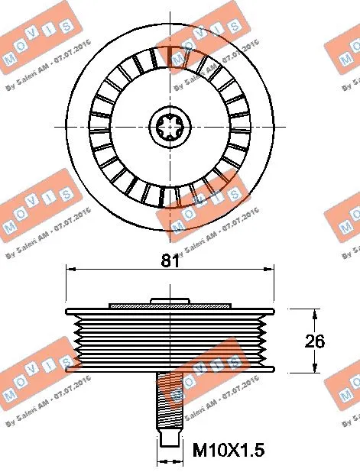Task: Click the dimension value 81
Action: click(x=169, y=260)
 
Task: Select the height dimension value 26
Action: click(x=314, y=341)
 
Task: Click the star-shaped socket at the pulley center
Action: click(x=169, y=124)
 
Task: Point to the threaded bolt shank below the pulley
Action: click(x=169, y=401)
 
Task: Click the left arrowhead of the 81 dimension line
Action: click(x=70, y=269)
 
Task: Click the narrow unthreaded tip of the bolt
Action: click(x=169, y=438)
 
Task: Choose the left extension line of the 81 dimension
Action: click(x=66, y=286)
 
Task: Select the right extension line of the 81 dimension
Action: click(x=273, y=286)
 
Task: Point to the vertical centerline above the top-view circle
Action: click(x=169, y=11)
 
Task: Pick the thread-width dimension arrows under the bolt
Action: click(x=169, y=461)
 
